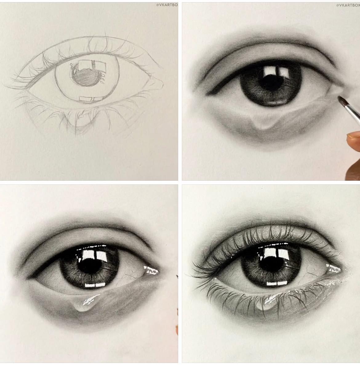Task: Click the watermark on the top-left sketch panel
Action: pyautogui.click(x=167, y=5)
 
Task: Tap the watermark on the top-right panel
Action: pyautogui.click(x=348, y=5)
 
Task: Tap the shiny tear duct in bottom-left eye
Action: pyautogui.click(x=151, y=270)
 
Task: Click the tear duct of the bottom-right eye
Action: pyautogui.click(x=334, y=268)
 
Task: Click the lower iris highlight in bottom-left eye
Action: pyautogui.click(x=95, y=285)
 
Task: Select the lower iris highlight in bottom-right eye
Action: pyautogui.click(x=277, y=284)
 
